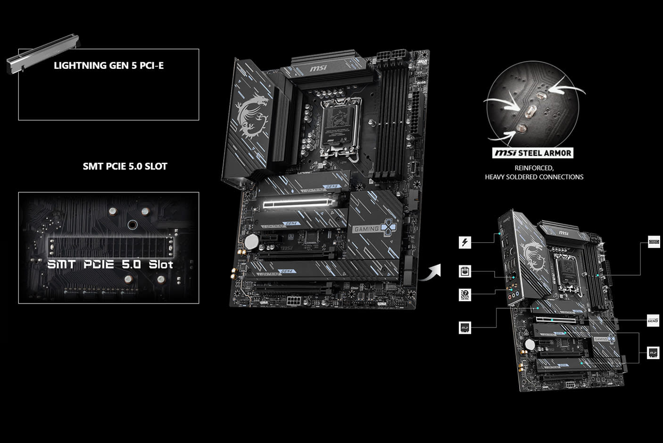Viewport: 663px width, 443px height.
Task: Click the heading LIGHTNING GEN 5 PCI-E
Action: point(109,66)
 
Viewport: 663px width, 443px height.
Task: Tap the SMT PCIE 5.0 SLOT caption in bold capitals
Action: point(125,166)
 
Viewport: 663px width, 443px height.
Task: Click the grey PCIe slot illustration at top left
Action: point(43,57)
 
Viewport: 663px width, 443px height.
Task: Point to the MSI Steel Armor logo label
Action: point(533,153)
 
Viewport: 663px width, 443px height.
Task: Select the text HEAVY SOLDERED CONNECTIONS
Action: point(534,177)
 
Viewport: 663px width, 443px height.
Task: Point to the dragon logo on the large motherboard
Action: point(253,113)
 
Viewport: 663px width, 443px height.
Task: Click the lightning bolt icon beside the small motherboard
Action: point(465,243)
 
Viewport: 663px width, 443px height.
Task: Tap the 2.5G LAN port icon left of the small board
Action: point(465,271)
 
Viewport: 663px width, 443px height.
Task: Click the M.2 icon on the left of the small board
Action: point(465,328)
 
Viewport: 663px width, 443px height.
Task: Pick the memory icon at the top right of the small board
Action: point(654,242)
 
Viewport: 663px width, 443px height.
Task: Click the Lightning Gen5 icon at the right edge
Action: point(653,320)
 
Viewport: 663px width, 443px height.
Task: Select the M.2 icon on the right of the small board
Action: point(653,353)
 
